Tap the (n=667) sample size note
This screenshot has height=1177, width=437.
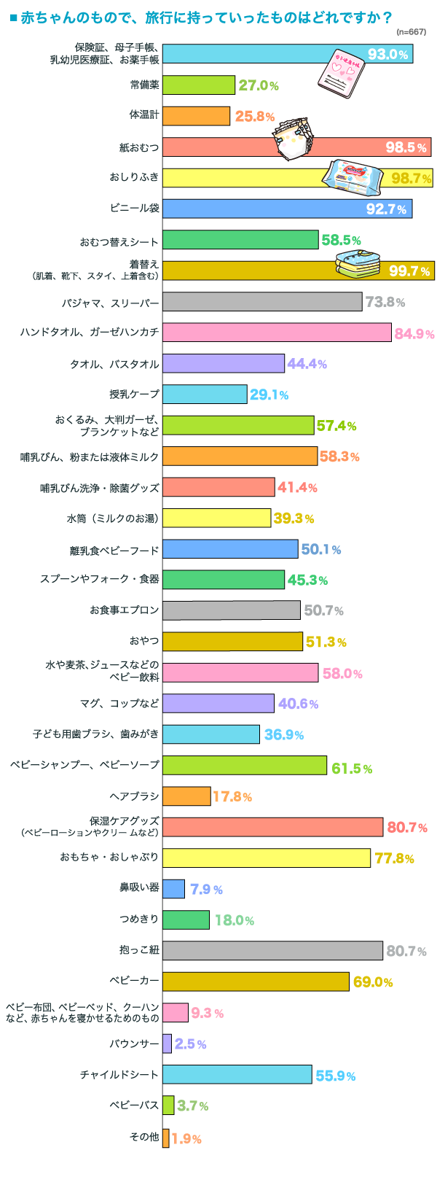click(x=412, y=32)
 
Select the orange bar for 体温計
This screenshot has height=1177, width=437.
click(x=196, y=116)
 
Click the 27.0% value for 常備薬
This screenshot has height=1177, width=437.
click(x=259, y=85)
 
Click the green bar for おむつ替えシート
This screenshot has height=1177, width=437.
click(x=240, y=239)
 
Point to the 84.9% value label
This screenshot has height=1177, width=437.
click(x=414, y=334)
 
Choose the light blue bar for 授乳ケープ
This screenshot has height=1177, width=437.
click(x=205, y=394)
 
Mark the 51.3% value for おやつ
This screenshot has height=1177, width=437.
click(x=326, y=642)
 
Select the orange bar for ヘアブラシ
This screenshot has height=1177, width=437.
click(x=186, y=796)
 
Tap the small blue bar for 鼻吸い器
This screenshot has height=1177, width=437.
click(x=173, y=888)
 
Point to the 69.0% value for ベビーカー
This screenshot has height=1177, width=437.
click(x=373, y=982)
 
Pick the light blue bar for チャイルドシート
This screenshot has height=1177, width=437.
click(x=237, y=1074)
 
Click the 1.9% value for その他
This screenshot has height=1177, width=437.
click(x=186, y=1138)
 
